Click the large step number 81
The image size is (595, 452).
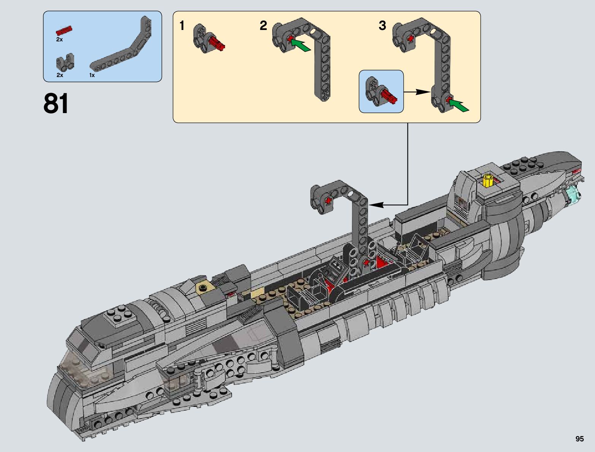point(56,103)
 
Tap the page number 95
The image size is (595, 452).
point(579,439)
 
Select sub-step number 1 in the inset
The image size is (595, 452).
point(182,26)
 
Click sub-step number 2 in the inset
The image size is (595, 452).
point(263,26)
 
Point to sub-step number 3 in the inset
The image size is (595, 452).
point(382,26)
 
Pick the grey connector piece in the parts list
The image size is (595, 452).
point(65,63)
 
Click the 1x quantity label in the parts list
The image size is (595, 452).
point(92,75)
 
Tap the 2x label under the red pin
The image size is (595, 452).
point(59,39)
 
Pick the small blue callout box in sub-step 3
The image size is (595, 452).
point(381,91)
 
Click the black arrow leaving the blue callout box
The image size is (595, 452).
point(416,91)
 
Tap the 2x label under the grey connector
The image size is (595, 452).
point(60,75)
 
